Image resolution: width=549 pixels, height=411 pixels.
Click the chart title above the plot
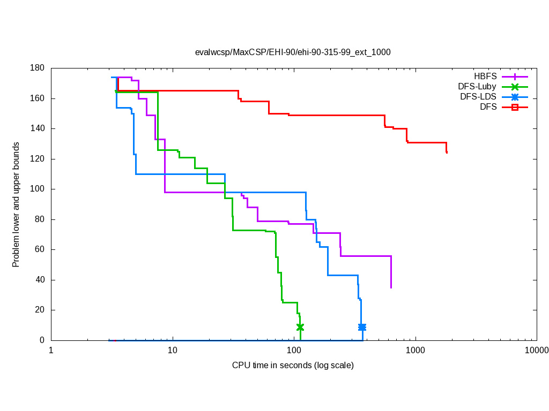tap(293, 52)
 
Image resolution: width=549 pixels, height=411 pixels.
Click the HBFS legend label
tap(485, 77)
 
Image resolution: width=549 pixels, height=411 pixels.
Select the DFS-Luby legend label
tap(477, 87)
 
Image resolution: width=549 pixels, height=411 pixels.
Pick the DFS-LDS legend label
tap(478, 97)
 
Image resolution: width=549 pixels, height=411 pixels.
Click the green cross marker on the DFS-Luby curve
tap(300, 327)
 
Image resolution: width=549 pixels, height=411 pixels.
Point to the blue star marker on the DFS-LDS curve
tap(362, 327)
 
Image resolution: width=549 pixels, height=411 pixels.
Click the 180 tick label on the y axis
tap(38, 68)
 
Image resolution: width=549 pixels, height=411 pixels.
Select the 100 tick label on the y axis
tap(38, 189)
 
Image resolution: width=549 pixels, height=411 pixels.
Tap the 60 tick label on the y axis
tap(40, 250)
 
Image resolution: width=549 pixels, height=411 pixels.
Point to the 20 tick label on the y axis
tap(40, 310)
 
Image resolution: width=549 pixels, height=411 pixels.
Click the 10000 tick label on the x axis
tap(536, 351)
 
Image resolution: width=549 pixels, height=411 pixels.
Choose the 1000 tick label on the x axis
tap(415, 351)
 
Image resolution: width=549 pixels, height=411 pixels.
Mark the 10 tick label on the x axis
tap(172, 351)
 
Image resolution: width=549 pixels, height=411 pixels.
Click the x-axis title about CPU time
tap(293, 366)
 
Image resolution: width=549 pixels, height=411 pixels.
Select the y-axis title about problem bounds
tap(17, 205)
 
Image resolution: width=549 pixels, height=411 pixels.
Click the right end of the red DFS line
tap(447, 153)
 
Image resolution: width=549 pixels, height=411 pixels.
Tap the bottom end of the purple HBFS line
tap(391, 287)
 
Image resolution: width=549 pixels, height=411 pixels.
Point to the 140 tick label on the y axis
tap(38, 129)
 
